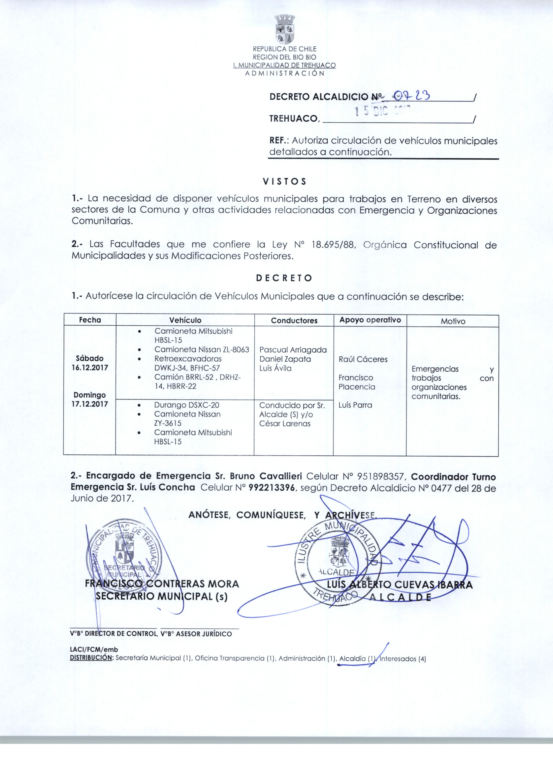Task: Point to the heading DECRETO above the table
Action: (284, 278)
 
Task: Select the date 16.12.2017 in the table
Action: (90, 368)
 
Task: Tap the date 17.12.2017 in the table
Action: (90, 404)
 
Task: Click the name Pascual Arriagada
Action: (293, 350)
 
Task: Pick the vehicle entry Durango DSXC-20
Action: (187, 405)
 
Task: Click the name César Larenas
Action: (285, 424)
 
